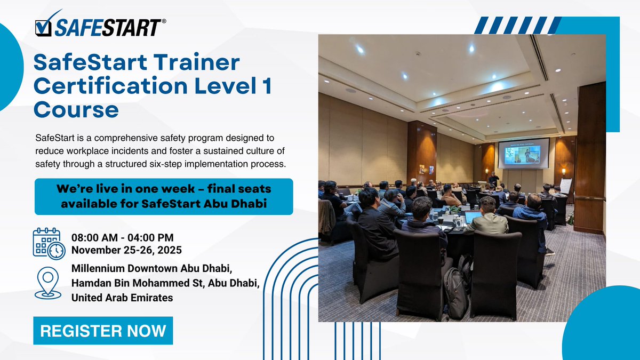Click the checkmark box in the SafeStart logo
coord(43,28)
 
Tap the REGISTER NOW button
coord(103,331)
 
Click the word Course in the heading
coord(76,110)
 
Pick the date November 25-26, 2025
coord(127,250)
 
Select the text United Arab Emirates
coord(122,298)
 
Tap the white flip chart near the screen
coord(565,186)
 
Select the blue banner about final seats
coord(164,196)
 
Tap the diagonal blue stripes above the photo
coord(516,25)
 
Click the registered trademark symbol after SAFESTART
coord(163,21)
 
